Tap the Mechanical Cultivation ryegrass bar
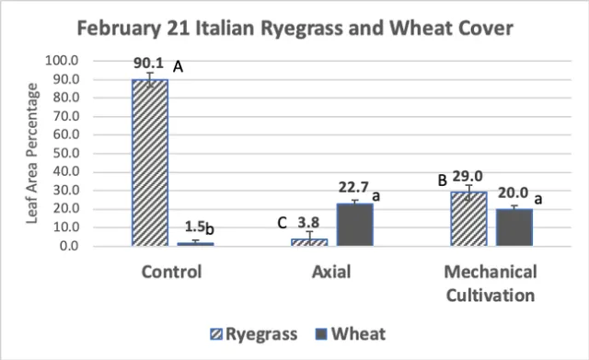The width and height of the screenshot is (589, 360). (x=468, y=219)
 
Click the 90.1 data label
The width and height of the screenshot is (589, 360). (x=150, y=64)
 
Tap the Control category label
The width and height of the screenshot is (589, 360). (x=171, y=273)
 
